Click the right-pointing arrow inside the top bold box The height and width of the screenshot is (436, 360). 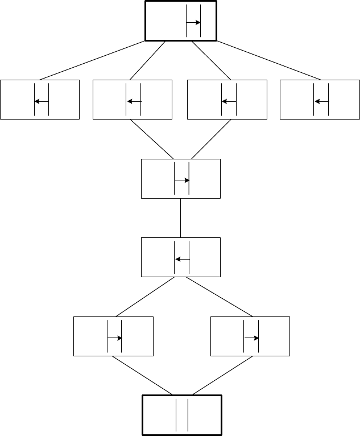coord(193,23)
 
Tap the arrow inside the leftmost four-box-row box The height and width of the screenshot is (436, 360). coord(41,101)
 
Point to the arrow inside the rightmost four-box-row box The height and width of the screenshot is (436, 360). coord(321,101)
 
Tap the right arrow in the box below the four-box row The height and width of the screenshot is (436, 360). coord(181,180)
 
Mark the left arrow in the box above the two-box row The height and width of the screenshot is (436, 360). coord(182,259)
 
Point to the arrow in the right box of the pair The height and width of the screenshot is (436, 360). coord(252,338)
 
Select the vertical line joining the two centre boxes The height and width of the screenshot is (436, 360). coord(180,218)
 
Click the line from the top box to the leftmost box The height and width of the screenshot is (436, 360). coord(93,60)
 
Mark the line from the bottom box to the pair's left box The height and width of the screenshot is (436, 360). coord(142,375)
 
